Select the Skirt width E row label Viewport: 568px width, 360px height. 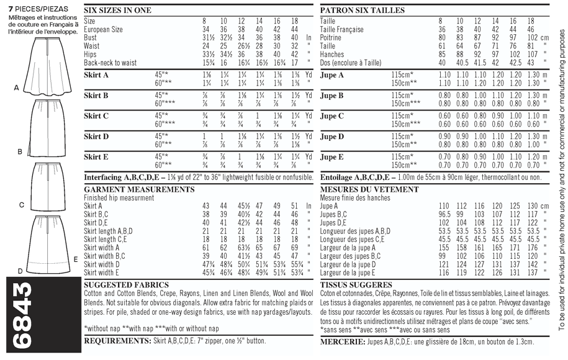tap(102, 272)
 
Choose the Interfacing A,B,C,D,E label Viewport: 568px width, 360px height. tap(122, 177)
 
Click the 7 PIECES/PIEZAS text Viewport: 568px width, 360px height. tap(29, 6)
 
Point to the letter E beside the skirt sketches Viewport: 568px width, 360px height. tap(76, 259)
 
